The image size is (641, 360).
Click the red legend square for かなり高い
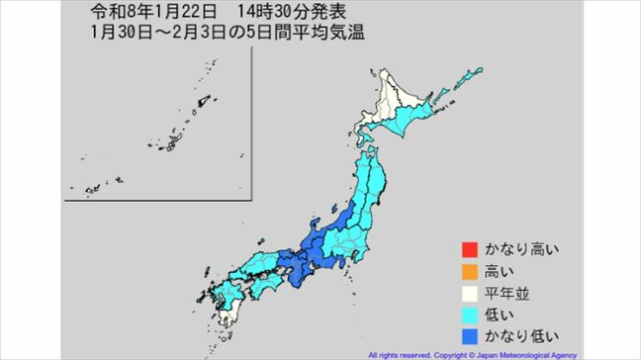click(x=467, y=248)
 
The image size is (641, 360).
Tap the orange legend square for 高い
click(x=467, y=269)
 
